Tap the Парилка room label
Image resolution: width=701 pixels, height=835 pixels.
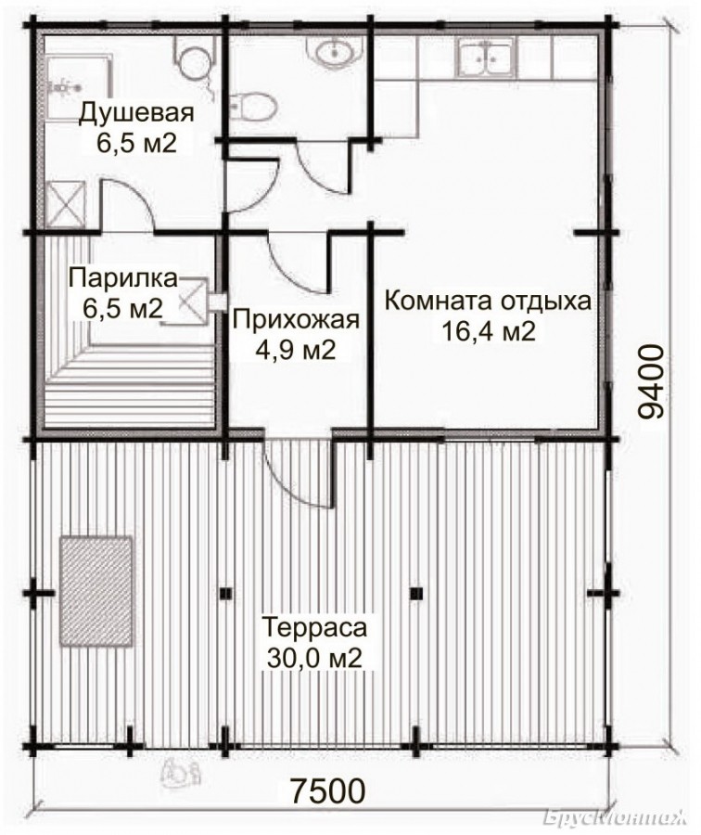point(123,278)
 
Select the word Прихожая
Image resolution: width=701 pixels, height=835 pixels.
point(296,321)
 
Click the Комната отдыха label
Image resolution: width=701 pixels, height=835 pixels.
point(488,302)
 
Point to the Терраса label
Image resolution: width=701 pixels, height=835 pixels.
point(315,627)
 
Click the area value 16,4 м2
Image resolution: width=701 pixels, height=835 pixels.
point(488,332)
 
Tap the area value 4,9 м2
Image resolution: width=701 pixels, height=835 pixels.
point(296,351)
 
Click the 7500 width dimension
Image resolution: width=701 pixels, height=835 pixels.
point(328,790)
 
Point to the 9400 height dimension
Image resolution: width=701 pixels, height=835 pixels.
point(651,380)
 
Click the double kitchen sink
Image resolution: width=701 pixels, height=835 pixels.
point(486,58)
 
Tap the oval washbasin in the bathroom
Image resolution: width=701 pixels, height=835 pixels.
point(333,52)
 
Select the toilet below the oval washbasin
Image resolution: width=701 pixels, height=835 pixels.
point(254,107)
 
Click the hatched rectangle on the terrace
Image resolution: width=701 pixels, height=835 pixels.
point(96,591)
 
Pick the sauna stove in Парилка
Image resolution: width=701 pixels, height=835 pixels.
point(191,302)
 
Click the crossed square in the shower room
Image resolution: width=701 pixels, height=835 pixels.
point(65,204)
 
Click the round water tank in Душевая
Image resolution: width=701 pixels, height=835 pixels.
point(192,63)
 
